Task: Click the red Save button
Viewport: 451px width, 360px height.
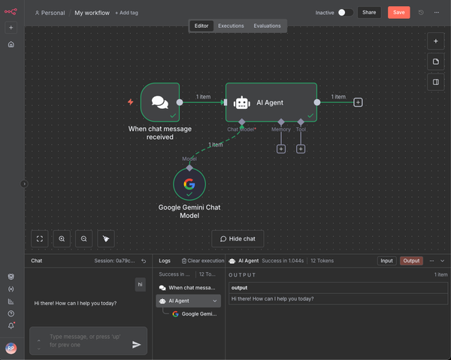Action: (x=398, y=12)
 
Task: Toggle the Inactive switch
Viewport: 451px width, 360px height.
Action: (x=345, y=12)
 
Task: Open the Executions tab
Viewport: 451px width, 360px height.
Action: (x=231, y=26)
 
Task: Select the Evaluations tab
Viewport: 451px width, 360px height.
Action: (x=267, y=26)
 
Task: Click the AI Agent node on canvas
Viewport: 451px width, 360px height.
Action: (x=271, y=102)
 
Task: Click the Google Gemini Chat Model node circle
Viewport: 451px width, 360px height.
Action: (x=189, y=184)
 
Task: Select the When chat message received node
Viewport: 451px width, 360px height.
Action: (x=160, y=102)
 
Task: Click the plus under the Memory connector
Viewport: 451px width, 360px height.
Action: (x=281, y=149)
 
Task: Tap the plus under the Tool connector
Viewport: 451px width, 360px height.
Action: (x=301, y=149)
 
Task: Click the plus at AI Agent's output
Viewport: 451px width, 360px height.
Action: (x=359, y=102)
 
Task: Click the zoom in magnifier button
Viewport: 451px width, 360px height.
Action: (x=62, y=238)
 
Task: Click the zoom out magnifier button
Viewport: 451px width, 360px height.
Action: (x=84, y=238)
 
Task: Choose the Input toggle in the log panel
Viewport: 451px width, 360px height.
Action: (x=386, y=261)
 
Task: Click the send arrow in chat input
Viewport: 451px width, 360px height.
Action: (x=136, y=344)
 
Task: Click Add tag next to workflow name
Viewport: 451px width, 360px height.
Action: (x=127, y=13)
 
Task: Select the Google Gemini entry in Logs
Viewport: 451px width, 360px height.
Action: (x=197, y=313)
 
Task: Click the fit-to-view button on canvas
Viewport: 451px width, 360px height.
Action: (x=40, y=238)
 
